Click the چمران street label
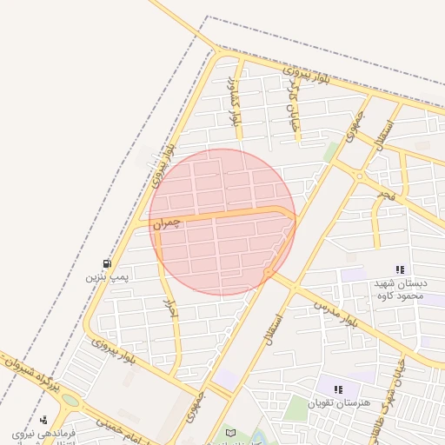coord(168,223)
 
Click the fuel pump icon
coord(107,262)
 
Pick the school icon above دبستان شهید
coord(400,270)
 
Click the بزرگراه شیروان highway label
coord(33,380)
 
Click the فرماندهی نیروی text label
coord(45,433)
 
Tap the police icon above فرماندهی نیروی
coord(43,420)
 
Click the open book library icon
coord(230,433)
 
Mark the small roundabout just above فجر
coord(359,176)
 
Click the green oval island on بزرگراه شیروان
coord(70,401)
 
